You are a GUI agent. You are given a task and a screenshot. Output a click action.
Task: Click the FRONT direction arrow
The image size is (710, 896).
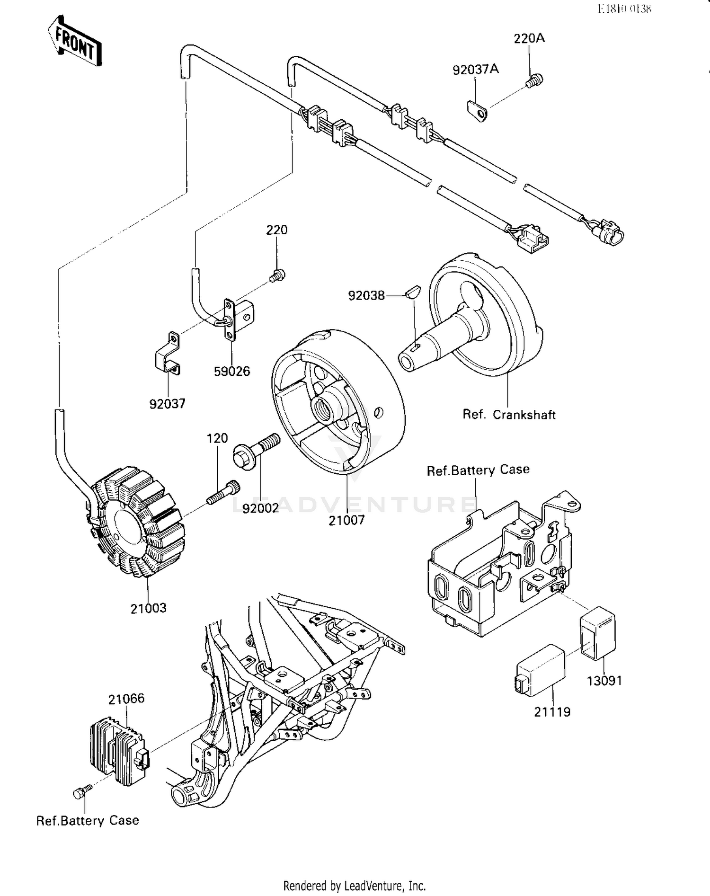[75, 41]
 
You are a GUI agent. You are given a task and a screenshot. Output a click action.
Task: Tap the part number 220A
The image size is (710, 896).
[529, 38]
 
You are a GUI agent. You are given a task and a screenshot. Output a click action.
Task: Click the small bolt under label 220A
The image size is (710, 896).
[534, 81]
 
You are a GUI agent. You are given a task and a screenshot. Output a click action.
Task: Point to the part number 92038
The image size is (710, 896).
[366, 296]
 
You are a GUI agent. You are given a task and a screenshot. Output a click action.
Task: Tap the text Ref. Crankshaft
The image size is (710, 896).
[509, 415]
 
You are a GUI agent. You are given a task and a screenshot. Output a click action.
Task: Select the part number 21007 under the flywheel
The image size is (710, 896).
[346, 520]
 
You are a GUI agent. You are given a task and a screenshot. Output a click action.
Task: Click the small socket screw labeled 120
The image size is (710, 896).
[223, 493]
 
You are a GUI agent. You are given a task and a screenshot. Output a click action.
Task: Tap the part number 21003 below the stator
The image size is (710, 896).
[149, 608]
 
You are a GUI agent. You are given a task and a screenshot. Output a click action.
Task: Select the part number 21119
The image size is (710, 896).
[552, 712]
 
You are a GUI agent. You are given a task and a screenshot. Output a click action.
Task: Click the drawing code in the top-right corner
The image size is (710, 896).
[624, 9]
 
